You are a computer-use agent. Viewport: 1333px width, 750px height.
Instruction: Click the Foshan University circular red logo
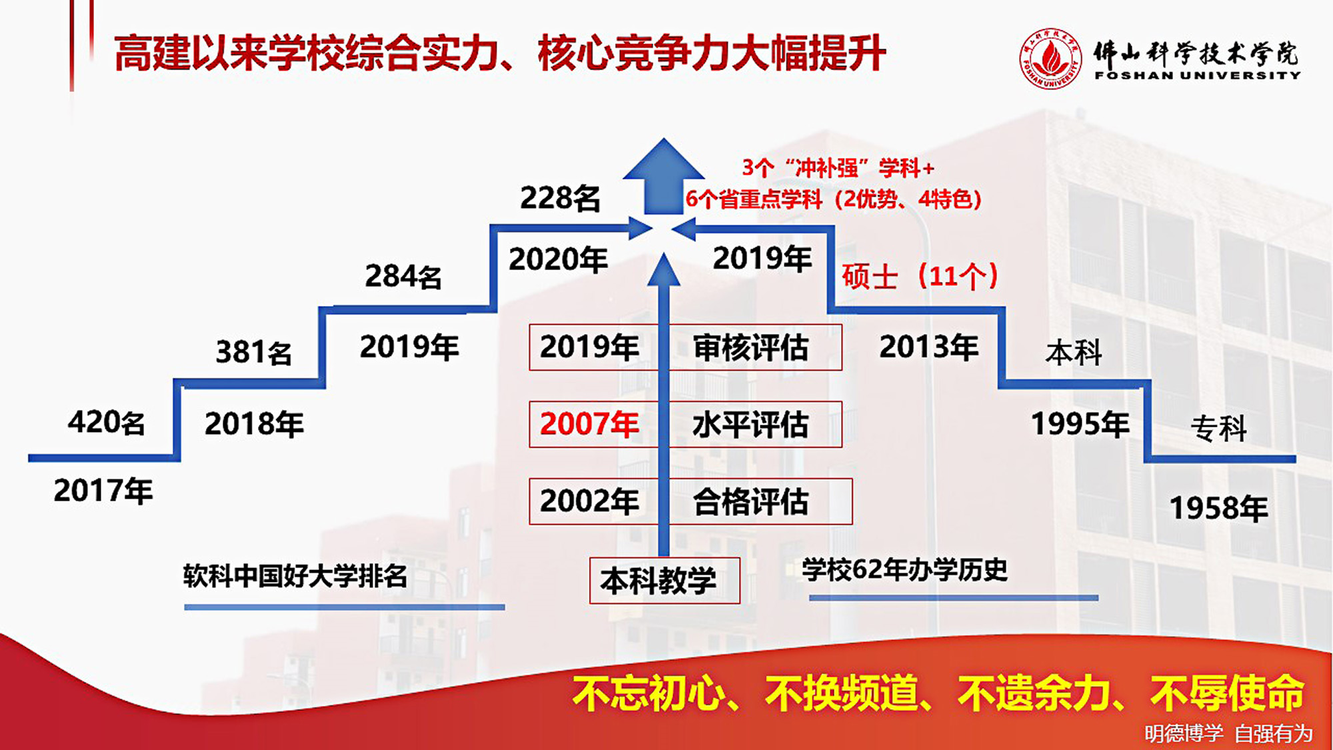tap(1051, 59)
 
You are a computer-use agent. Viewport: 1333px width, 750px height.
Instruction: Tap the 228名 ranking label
tap(560, 198)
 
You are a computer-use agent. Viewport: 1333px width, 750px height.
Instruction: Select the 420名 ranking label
tap(106, 422)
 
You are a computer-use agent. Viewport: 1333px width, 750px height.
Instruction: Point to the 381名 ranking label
tap(253, 352)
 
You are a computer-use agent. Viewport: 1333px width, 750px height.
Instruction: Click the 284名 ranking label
tap(403, 276)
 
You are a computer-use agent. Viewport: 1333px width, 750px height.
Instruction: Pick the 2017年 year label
tap(103, 491)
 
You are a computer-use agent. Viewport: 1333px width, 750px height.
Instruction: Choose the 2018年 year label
tap(254, 424)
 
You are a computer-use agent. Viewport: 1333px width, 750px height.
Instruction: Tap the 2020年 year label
tap(558, 259)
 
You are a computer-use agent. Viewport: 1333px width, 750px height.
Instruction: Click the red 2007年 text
tap(589, 424)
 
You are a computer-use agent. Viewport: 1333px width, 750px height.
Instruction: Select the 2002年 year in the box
tap(589, 501)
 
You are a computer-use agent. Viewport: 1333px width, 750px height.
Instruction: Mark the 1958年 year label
tap(1219, 509)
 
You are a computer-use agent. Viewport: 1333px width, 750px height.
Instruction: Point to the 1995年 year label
tap(1080, 424)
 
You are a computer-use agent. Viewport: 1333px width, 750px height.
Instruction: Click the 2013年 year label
tap(928, 347)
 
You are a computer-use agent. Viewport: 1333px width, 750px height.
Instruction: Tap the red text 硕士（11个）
tap(920, 275)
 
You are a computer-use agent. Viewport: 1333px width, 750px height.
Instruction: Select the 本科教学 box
tap(665, 581)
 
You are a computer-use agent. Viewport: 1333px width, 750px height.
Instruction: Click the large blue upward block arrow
tap(663, 177)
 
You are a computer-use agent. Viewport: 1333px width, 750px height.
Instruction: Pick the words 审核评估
tap(750, 347)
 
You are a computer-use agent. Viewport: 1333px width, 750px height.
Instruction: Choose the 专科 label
tap(1218, 428)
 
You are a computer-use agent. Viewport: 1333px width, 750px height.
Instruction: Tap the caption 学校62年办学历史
tap(904, 570)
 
